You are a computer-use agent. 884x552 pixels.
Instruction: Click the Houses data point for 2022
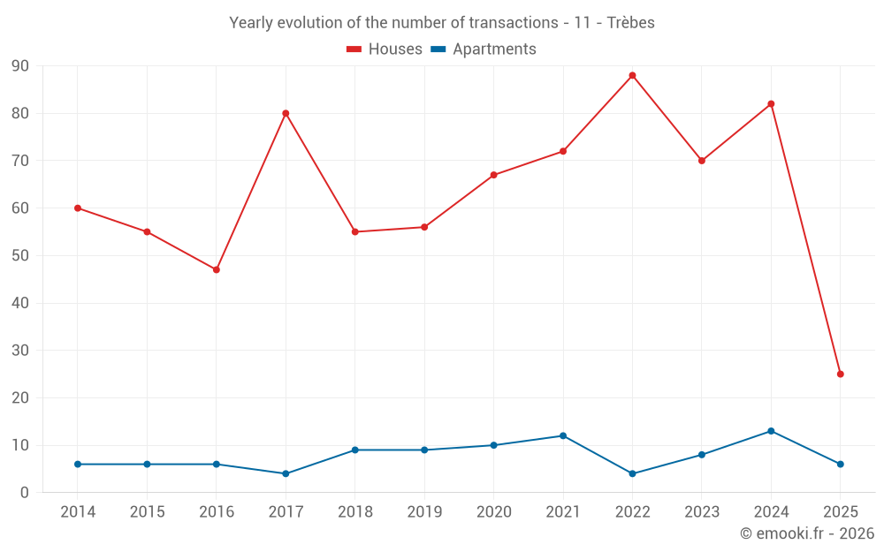pyautogui.click(x=632, y=75)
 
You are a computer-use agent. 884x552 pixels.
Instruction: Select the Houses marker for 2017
pyautogui.click(x=286, y=113)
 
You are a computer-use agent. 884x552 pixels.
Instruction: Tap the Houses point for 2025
pyautogui.click(x=840, y=374)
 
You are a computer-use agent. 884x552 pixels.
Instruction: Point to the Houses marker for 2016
pyautogui.click(x=217, y=269)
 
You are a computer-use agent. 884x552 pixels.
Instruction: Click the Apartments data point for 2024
pyautogui.click(x=771, y=431)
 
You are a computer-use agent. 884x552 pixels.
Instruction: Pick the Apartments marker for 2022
pyautogui.click(x=632, y=473)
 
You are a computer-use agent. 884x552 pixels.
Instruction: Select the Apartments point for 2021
pyautogui.click(x=563, y=435)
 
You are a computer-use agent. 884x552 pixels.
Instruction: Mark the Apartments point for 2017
pyautogui.click(x=286, y=473)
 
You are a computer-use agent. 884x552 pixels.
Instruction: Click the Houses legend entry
pyautogui.click(x=385, y=49)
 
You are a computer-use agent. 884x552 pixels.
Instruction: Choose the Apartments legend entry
pyautogui.click(x=484, y=49)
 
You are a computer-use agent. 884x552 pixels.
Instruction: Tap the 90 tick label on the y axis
pyautogui.click(x=20, y=66)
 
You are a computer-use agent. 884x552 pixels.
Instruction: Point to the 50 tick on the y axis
pyautogui.click(x=20, y=256)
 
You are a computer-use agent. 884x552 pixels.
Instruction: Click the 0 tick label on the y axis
pyautogui.click(x=25, y=493)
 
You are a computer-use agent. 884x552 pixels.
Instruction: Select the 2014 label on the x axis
pyautogui.click(x=78, y=512)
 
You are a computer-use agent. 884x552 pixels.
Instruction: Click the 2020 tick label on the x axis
pyautogui.click(x=493, y=512)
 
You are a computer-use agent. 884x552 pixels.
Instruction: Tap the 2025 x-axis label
pyautogui.click(x=840, y=512)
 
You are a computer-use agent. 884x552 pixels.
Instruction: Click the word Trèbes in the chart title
pyautogui.click(x=629, y=23)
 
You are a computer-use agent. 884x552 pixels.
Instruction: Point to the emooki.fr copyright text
pyautogui.click(x=806, y=533)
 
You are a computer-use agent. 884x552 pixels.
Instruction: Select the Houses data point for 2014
pyautogui.click(x=78, y=208)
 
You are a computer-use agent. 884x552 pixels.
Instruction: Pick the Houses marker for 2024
pyautogui.click(x=771, y=104)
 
